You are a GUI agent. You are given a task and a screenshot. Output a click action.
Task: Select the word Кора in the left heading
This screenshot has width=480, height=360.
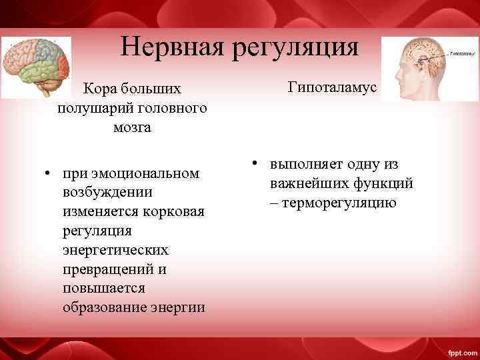97,89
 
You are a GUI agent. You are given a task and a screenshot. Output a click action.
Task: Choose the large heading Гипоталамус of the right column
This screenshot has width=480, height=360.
333,87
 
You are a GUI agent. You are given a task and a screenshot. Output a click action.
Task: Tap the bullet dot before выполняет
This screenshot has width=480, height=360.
255,164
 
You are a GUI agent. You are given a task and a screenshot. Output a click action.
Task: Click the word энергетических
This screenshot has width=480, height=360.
115,250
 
